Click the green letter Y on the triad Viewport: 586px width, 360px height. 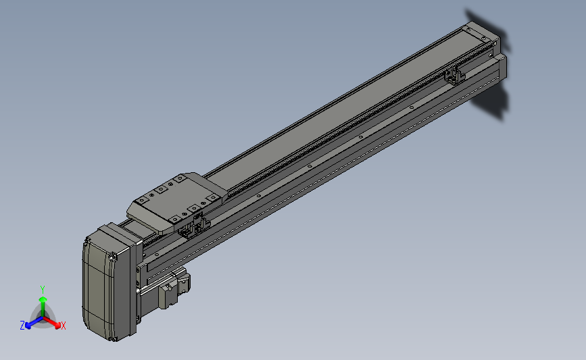[42, 290]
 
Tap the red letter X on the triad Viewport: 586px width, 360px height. [63, 326]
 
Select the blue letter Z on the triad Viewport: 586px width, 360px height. [22, 326]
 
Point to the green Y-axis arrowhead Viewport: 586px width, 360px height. [43, 299]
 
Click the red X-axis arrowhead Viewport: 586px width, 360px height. [57, 326]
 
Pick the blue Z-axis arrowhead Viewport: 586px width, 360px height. [28, 326]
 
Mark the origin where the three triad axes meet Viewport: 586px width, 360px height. [43, 318]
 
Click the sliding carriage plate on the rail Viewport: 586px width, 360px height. [177, 202]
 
